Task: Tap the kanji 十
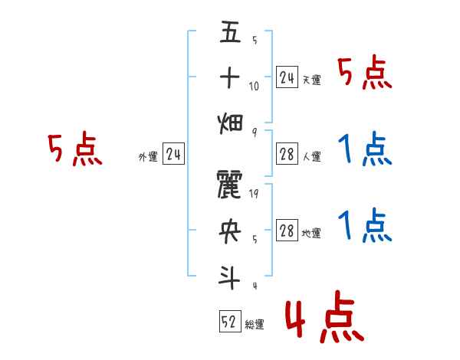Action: (230, 77)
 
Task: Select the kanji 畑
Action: (230, 121)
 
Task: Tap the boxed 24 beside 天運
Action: (287, 77)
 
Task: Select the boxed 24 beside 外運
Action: (173, 155)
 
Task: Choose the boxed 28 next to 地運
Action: (287, 232)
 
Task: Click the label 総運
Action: (255, 325)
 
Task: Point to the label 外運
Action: (148, 158)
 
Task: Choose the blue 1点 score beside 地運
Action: (366, 225)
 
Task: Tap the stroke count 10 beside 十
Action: (255, 86)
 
